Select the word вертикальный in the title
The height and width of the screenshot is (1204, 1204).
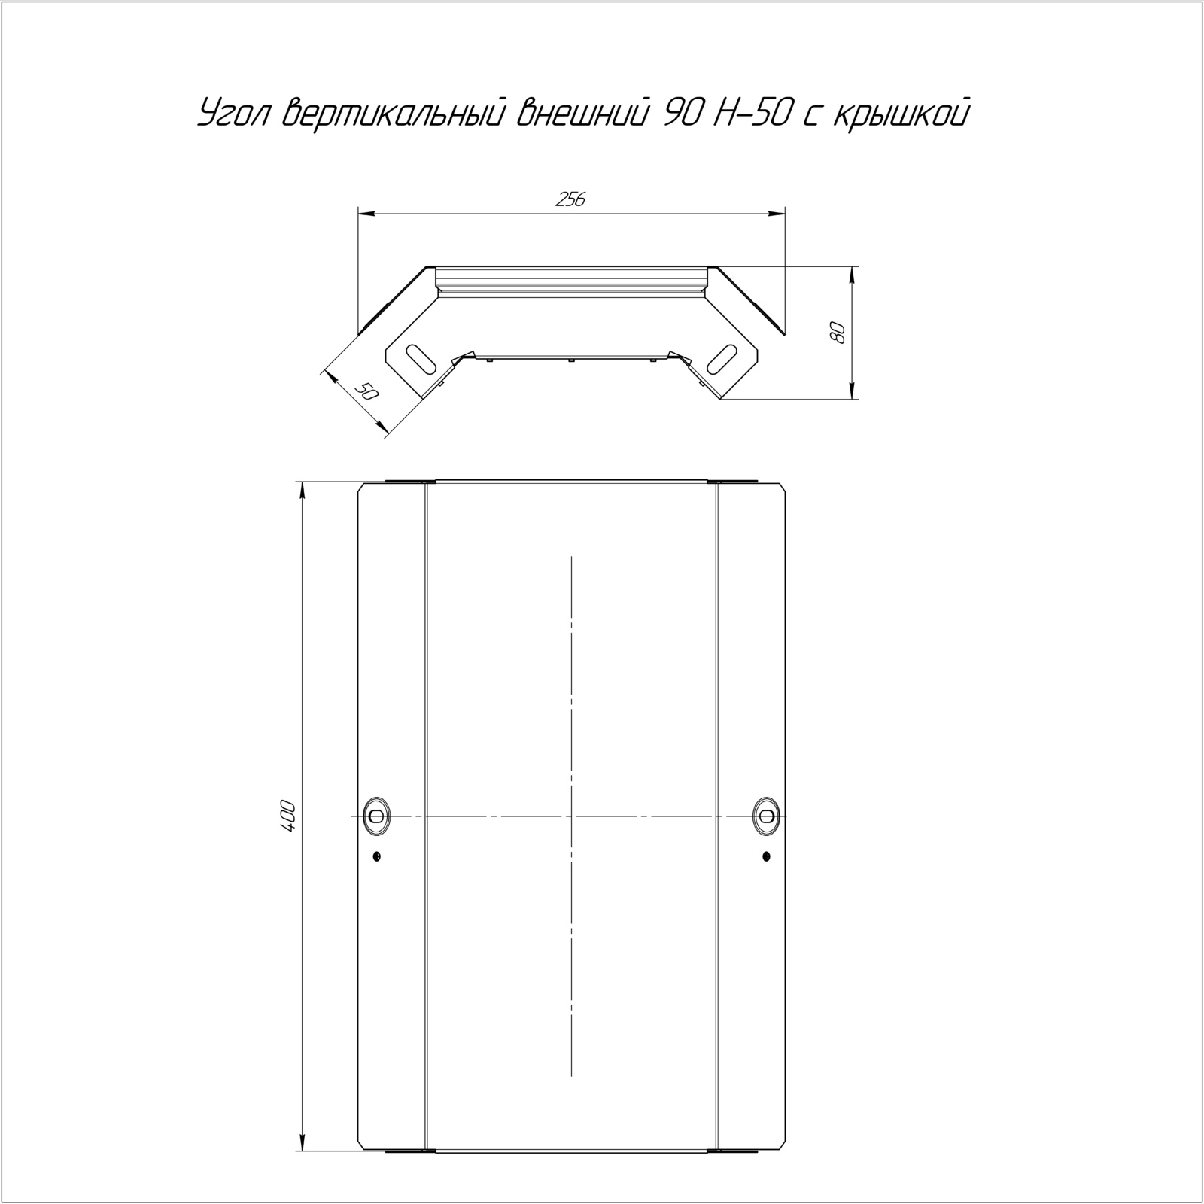tap(397, 114)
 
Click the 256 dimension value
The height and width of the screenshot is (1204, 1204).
tap(570, 199)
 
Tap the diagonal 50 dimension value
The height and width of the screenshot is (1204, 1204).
tap(366, 391)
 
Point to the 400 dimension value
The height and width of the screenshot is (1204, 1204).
tap(290, 816)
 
